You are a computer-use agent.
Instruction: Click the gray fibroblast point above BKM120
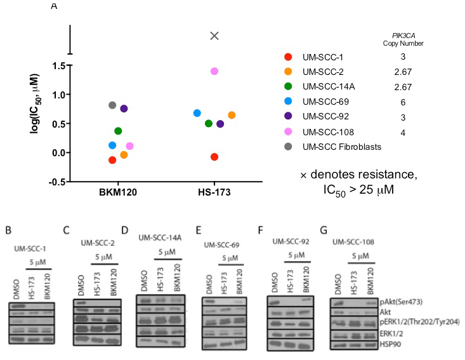click(112, 105)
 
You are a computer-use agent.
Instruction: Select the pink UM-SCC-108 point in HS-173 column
click(214, 71)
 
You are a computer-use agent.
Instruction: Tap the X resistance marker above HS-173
click(214, 36)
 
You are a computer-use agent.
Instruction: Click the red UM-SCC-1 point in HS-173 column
click(214, 157)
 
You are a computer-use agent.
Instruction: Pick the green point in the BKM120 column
click(118, 131)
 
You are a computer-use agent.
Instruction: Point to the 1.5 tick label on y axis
click(60, 65)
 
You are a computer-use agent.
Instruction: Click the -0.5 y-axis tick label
click(59, 182)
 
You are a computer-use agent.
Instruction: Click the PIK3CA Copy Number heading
click(403, 39)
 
